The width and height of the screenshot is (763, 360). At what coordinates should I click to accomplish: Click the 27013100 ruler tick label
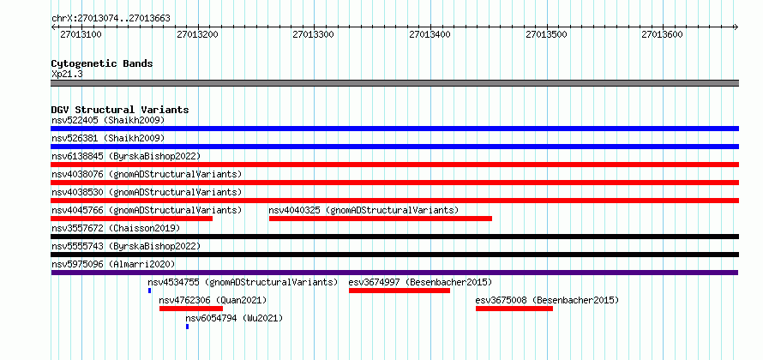[x=81, y=34]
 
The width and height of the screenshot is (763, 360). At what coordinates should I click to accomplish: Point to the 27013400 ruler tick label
[x=430, y=34]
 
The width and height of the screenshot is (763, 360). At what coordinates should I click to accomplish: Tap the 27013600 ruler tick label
[x=663, y=34]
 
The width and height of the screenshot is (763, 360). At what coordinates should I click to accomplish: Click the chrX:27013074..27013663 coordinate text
[x=111, y=19]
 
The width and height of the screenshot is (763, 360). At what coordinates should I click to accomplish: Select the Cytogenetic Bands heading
[x=102, y=63]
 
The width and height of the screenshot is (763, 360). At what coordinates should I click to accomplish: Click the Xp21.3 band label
[x=67, y=75]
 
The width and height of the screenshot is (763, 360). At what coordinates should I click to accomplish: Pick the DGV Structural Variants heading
[x=120, y=110]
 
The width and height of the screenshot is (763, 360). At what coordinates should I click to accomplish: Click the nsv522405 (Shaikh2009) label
[x=108, y=120]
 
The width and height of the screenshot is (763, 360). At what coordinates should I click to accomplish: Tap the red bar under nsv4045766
[x=131, y=219]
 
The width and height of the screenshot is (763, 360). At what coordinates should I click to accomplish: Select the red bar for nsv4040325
[x=381, y=219]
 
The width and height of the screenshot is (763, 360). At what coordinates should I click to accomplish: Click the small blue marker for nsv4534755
[x=150, y=291]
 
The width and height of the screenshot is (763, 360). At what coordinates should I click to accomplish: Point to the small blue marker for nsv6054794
[x=188, y=327]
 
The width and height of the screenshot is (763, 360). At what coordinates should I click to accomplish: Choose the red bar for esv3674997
[x=400, y=291]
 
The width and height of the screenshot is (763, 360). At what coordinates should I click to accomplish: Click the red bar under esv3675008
[x=514, y=309]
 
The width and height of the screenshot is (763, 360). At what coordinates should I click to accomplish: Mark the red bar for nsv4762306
[x=191, y=309]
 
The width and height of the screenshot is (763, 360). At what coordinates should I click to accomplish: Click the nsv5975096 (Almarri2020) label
[x=113, y=264]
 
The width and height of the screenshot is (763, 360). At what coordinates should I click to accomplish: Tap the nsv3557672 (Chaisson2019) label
[x=116, y=228]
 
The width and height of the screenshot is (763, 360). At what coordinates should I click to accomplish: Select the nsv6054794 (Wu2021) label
[x=234, y=319]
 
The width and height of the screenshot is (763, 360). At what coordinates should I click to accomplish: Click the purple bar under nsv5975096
[x=394, y=273]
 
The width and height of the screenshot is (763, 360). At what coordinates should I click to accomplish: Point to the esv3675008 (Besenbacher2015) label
[x=547, y=300]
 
